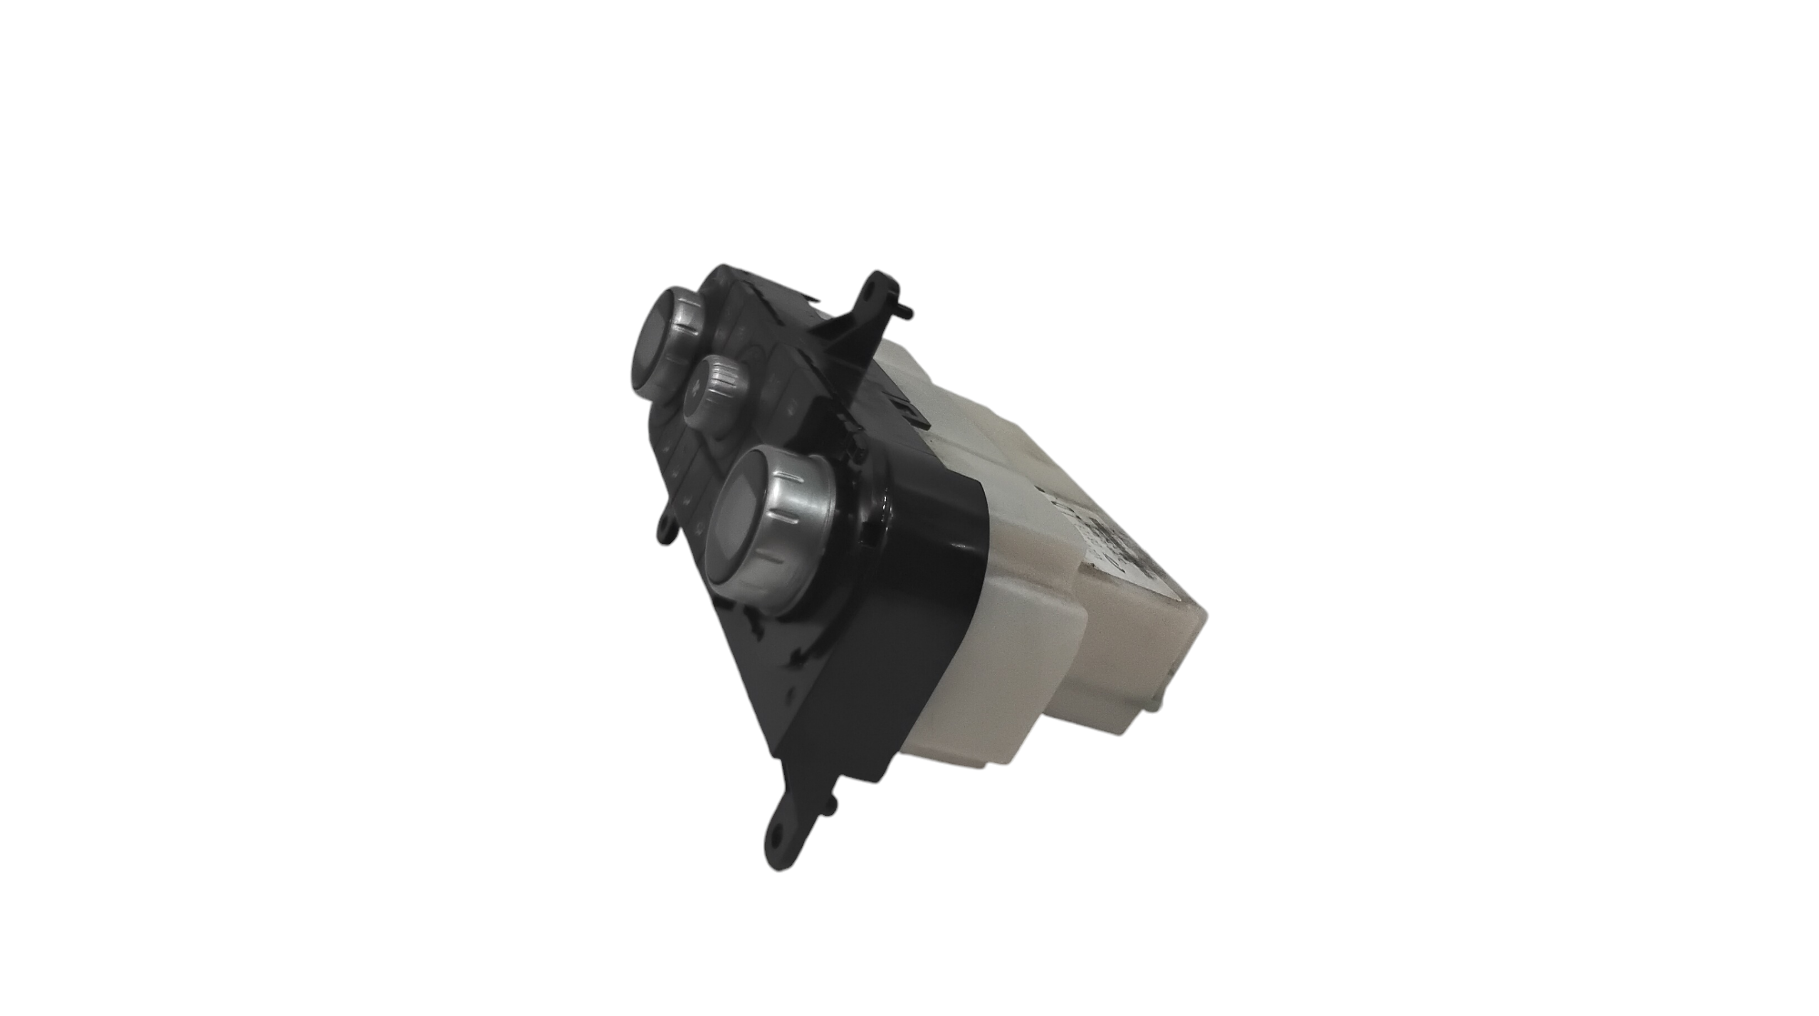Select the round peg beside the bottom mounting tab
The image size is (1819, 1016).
pyautogui.click(x=830, y=801)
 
